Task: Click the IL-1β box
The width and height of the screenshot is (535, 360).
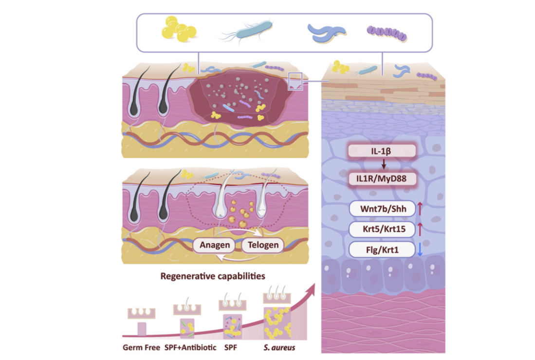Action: tap(382, 152)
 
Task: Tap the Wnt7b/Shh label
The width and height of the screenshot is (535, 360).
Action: tap(382, 209)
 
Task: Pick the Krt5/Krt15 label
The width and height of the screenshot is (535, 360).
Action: tap(382, 229)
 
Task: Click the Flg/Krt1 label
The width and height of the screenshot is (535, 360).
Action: tap(382, 250)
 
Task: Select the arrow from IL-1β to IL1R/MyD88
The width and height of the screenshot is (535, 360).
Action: tap(383, 165)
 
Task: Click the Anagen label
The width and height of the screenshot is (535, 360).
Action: tap(214, 245)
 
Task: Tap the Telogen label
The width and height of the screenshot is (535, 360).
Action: tap(262, 245)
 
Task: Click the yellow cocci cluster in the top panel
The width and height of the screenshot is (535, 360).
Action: tap(178, 30)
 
